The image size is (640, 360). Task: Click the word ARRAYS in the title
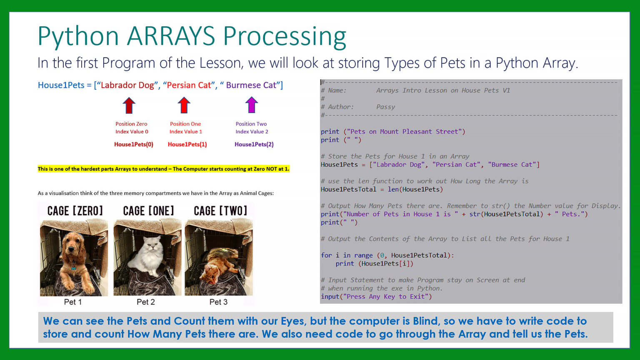[170, 36]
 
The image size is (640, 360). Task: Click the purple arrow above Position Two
[251, 105]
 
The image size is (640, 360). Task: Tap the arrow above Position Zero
[129, 105]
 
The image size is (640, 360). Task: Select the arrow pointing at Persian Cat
[184, 105]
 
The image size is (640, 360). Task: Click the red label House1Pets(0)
[134, 144]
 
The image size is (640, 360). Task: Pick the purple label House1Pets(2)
[254, 144]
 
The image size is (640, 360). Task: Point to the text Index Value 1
[186, 131]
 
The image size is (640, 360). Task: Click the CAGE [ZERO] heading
[75, 211]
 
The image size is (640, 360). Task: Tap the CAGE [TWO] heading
[220, 211]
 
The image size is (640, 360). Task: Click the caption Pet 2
[146, 302]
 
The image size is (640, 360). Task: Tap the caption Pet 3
[218, 302]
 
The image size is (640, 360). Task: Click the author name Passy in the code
[385, 107]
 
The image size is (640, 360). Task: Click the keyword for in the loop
[326, 255]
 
